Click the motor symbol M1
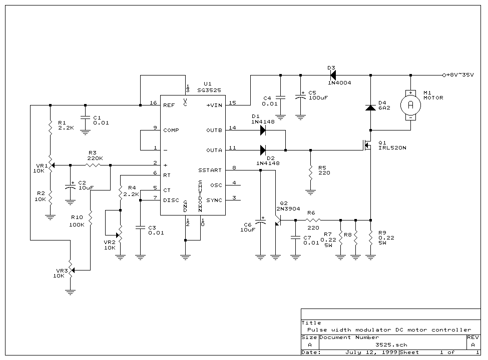pyautogui.click(x=410, y=105)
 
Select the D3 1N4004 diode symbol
pyautogui.click(x=333, y=75)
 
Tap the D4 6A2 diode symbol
pyautogui.click(x=370, y=107)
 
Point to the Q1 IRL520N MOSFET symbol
pyautogui.click(x=367, y=145)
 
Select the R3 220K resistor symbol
pyautogui.click(x=94, y=165)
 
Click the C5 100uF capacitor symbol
pyautogui.click(x=300, y=97)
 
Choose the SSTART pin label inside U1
pyautogui.click(x=210, y=170)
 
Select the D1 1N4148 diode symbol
pyautogui.click(x=263, y=130)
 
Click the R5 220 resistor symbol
pyautogui.click(x=310, y=172)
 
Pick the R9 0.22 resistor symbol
pyautogui.click(x=370, y=237)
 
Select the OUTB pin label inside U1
pyautogui.click(x=214, y=130)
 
